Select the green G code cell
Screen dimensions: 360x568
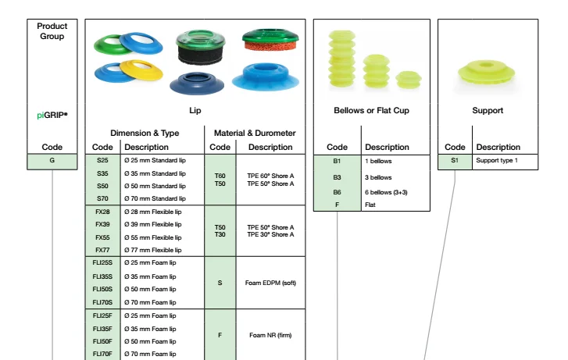[x=52, y=162]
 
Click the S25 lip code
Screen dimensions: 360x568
[x=102, y=161]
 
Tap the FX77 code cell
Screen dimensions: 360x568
[x=102, y=250]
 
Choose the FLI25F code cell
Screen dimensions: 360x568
[x=102, y=315]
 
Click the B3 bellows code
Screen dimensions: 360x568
[x=338, y=177]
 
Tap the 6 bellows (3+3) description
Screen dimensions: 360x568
[x=391, y=191]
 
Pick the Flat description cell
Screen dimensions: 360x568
[x=370, y=205]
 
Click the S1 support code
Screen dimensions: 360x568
[x=455, y=161]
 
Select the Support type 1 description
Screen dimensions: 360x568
[x=497, y=161]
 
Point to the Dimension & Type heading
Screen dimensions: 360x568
[x=145, y=133]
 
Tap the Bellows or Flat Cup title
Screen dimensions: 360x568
[x=370, y=111]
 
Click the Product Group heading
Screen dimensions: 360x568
[x=52, y=30]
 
